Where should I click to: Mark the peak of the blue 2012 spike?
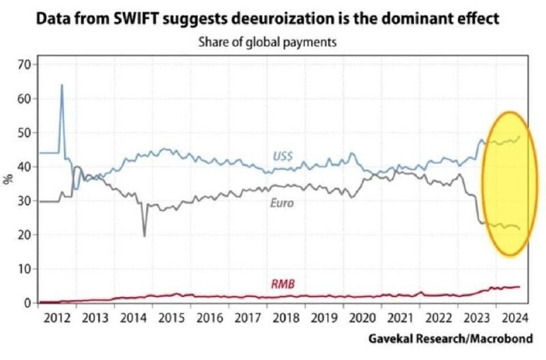[62, 85]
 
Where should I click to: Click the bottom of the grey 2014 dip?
[145, 236]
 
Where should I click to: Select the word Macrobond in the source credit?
[503, 339]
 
